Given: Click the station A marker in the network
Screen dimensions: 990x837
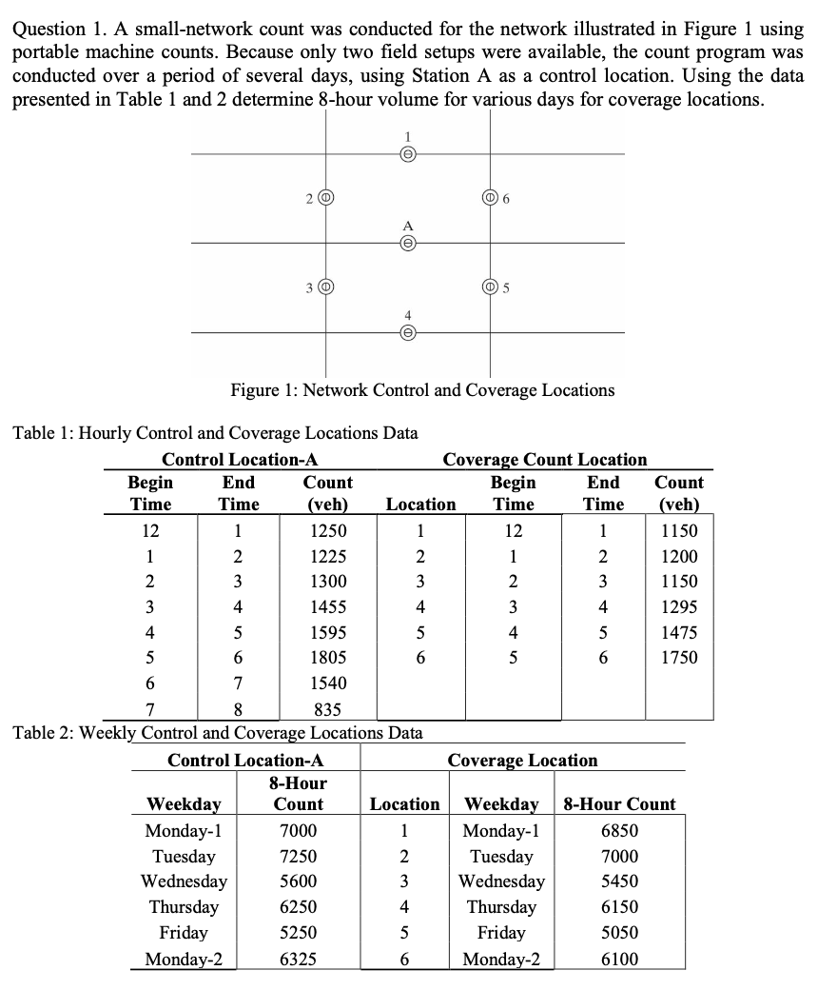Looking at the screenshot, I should [407, 244].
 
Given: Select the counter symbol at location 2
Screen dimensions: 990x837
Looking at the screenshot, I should [325, 198].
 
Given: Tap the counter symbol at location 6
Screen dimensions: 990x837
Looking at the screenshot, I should [491, 198].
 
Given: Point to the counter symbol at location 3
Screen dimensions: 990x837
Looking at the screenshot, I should [325, 287].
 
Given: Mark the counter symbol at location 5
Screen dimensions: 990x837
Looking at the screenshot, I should [491, 287].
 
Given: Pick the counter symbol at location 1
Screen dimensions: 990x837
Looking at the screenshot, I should [407, 154].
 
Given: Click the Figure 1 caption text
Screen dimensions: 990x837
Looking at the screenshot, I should [422, 390].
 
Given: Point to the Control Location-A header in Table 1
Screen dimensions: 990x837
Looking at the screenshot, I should [240, 460].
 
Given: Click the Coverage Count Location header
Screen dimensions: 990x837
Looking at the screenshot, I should [544, 460].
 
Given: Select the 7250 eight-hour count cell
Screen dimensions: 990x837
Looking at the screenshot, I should [299, 856].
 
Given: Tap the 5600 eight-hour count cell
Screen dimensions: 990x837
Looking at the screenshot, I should [299, 881].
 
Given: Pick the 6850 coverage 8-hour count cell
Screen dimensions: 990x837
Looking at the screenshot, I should [619, 830].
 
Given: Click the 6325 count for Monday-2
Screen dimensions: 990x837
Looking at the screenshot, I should [299, 959].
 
